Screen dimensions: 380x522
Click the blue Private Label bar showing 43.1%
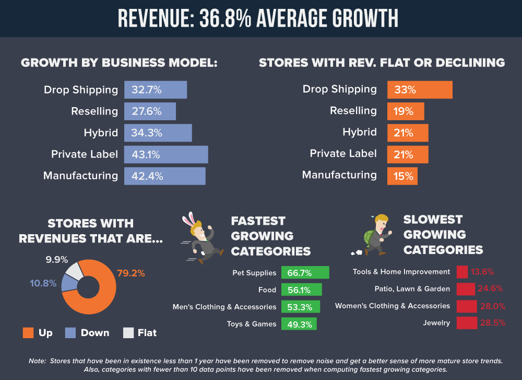tap(166, 154)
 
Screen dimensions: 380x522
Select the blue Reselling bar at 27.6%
tap(150, 111)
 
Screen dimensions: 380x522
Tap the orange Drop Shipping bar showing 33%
tap(420, 89)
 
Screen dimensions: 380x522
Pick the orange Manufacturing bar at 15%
tap(402, 176)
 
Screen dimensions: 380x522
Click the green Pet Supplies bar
tap(305, 272)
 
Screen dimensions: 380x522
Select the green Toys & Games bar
tap(299, 324)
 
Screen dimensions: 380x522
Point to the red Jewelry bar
tap(466, 323)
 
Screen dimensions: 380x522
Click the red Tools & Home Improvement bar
tap(462, 272)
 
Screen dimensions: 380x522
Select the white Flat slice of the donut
tap(74, 271)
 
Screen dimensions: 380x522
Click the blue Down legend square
tap(70, 332)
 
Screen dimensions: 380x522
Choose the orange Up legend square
tap(28, 332)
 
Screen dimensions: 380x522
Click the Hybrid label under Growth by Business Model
tap(101, 133)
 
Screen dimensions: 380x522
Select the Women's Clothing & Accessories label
tap(392, 306)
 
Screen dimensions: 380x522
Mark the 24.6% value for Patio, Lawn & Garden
tap(491, 289)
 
